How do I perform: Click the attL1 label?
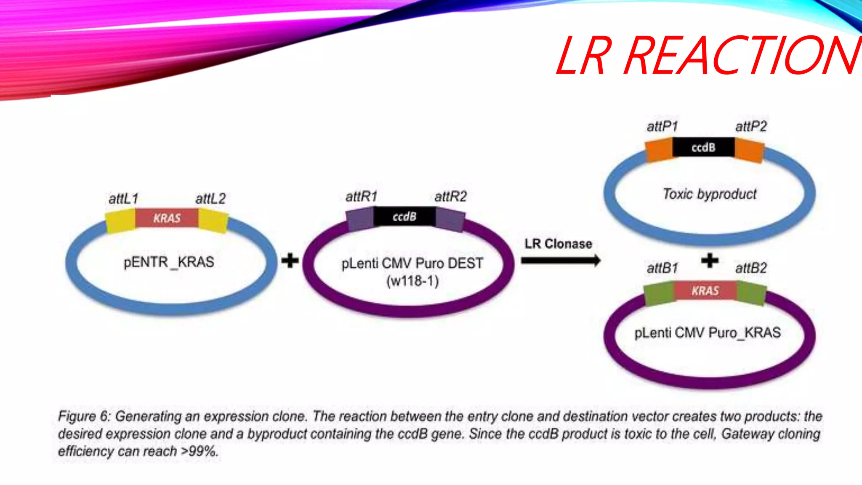[123, 199]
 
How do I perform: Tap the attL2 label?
[210, 199]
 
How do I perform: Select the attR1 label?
[361, 197]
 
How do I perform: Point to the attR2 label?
[450, 197]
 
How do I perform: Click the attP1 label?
[662, 126]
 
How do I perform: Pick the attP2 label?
[751, 126]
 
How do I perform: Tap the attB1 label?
[662, 268]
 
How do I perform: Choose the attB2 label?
[751, 268]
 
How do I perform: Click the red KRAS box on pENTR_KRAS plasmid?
[167, 218]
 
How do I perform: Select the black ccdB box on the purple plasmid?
[404, 216]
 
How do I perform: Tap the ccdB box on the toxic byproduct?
[703, 147]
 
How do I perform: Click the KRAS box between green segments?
[705, 290]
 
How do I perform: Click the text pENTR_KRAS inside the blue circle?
[169, 262]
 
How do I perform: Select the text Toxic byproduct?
[710, 194]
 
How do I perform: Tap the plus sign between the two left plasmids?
[290, 261]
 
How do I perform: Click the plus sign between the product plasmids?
[710, 261]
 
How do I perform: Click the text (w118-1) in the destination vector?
[412, 281]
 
